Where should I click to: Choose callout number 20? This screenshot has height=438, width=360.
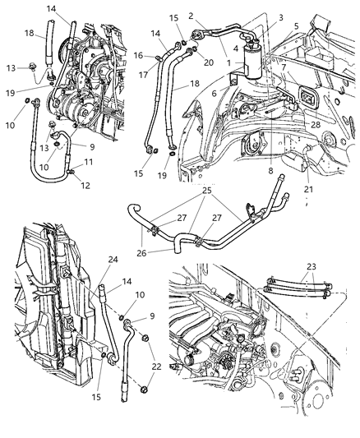(x=209, y=61)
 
